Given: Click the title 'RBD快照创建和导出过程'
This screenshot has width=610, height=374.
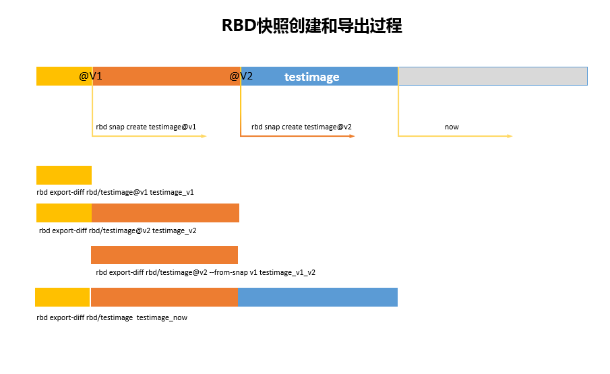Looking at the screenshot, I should (311, 26).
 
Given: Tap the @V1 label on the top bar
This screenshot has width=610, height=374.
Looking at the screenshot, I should (91, 76).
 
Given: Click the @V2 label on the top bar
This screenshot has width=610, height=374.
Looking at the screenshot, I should (241, 76).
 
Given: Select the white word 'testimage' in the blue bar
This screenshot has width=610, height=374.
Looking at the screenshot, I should (311, 77).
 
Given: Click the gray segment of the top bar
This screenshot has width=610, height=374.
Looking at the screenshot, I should (492, 76).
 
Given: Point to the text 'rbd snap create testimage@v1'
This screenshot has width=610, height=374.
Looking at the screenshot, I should (146, 127).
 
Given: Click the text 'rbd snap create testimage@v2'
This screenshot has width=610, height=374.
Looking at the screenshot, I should (301, 127).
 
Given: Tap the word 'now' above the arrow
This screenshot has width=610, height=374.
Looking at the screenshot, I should (452, 127).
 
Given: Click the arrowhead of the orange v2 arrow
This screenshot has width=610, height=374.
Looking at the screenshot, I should (352, 136).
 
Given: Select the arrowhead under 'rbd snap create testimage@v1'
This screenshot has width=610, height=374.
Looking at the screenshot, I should (203, 136).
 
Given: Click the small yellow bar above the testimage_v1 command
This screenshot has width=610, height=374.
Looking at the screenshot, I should (64, 175).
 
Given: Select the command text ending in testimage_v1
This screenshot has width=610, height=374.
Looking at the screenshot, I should (115, 192).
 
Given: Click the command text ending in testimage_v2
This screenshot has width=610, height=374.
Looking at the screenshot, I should (118, 230).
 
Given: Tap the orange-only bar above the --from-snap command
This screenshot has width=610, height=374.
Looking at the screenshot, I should (164, 255).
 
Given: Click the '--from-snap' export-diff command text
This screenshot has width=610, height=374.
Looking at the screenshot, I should (206, 273).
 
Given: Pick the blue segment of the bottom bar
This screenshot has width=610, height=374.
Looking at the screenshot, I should (317, 297).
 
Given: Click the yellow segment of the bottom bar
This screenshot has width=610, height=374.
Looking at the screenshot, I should (62, 297).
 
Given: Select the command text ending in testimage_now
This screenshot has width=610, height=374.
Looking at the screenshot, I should (112, 317).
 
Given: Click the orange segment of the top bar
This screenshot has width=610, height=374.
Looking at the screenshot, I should (165, 76).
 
